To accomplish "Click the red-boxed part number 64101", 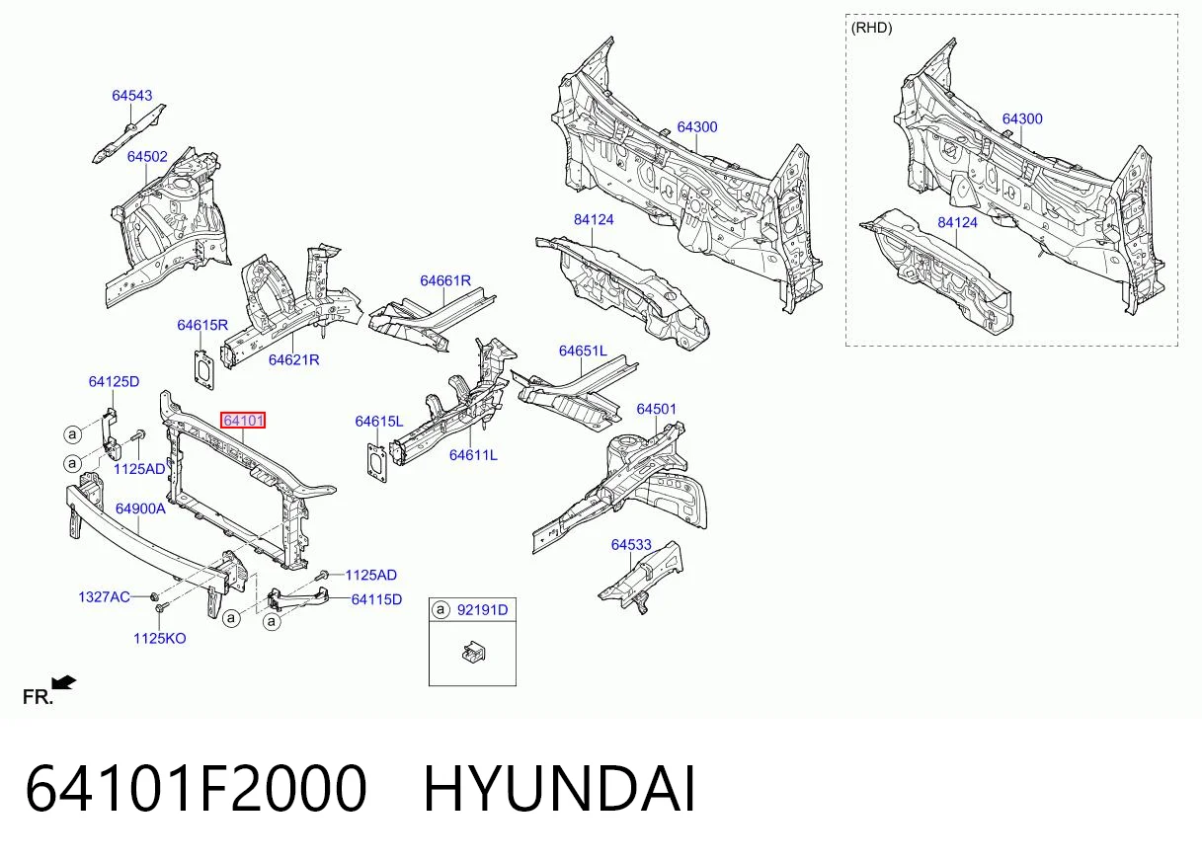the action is click(243, 420).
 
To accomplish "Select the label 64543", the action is click(132, 96).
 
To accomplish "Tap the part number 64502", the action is click(147, 157).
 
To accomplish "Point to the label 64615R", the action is click(202, 325).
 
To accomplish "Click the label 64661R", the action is click(445, 280).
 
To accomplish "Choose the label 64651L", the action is click(583, 351).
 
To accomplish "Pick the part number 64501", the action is click(656, 410).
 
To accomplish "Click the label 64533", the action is click(631, 545).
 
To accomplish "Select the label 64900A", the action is click(140, 509).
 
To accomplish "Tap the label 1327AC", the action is click(104, 597).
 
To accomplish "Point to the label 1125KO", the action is click(159, 639).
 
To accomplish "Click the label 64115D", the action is click(376, 599).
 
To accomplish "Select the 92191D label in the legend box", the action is click(482, 610).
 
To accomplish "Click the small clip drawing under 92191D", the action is click(473, 653).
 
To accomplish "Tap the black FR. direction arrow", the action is click(64, 683).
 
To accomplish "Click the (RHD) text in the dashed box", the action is click(871, 28).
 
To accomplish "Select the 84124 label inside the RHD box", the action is click(958, 222).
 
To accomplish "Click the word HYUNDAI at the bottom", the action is click(559, 790).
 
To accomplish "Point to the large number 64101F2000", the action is click(196, 790).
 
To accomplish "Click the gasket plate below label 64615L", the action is click(377, 462).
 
